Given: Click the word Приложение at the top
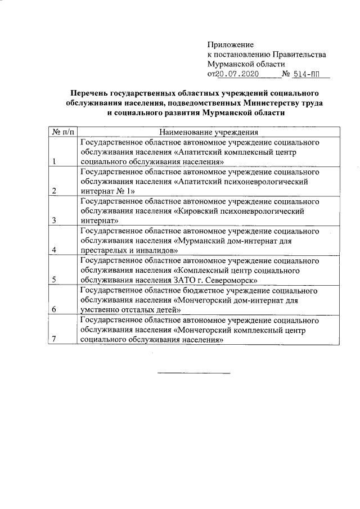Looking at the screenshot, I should tap(231, 44).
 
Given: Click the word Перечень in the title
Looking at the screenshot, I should tap(88, 93).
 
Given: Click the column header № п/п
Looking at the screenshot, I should tap(62, 132).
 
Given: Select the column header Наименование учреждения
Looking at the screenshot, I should tap(209, 132).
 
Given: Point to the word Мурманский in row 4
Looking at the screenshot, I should tap(200, 241).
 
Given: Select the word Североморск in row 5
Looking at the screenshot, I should tap(233, 280).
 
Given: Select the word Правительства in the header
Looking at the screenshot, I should tap(299, 54).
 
